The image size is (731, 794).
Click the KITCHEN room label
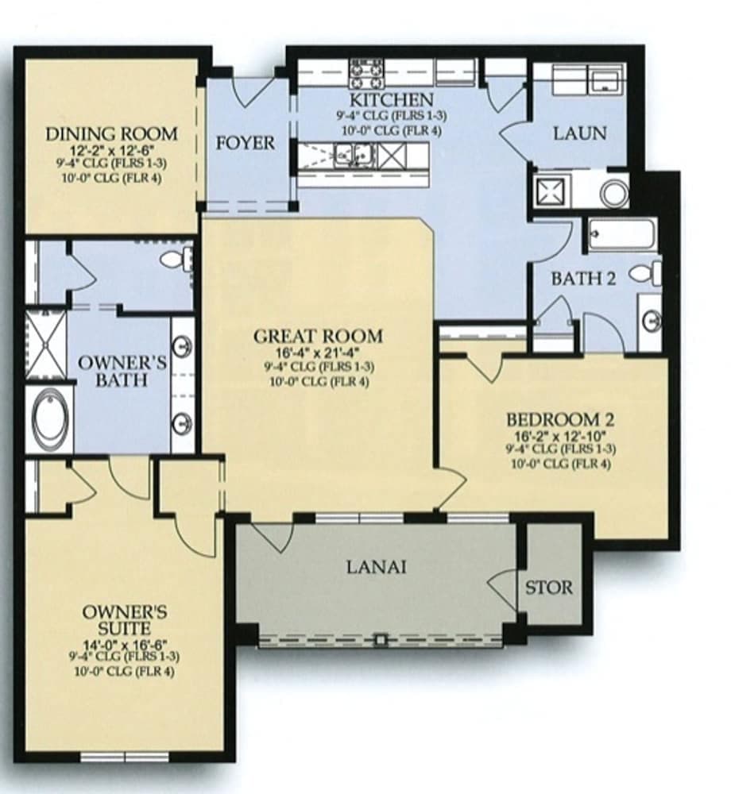[x=392, y=100]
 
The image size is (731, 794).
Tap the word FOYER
[x=246, y=144]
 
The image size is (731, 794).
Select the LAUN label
[x=580, y=133]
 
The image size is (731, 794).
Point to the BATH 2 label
[x=584, y=279]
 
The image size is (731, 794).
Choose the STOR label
[x=548, y=588]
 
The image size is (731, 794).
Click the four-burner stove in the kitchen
[x=366, y=73]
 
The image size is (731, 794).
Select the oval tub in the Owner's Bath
[x=48, y=418]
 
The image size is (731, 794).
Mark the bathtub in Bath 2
[x=622, y=235]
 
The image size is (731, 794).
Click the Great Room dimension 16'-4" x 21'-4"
[x=318, y=353]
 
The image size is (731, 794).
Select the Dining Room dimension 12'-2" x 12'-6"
[x=111, y=150]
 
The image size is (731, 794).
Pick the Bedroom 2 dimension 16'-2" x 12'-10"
[x=561, y=436]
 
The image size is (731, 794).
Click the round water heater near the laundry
[x=613, y=192]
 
